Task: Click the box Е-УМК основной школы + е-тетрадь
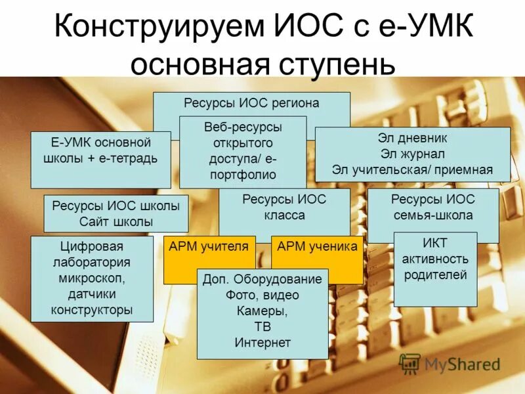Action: (100, 150)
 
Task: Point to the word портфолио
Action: (243, 175)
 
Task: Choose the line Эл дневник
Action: (412, 139)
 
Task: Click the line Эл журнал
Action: (412, 154)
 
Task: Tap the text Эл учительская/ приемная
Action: (412, 170)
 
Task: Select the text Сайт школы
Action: (116, 221)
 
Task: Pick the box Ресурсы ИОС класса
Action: (283, 207)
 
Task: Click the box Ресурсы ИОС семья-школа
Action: (432, 207)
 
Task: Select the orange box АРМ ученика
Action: (318, 247)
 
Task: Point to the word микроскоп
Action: (92, 278)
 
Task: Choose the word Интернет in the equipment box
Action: (262, 342)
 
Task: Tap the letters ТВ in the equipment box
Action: (262, 326)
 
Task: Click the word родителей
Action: (435, 274)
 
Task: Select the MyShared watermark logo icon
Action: (409, 363)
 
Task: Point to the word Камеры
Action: (262, 311)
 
